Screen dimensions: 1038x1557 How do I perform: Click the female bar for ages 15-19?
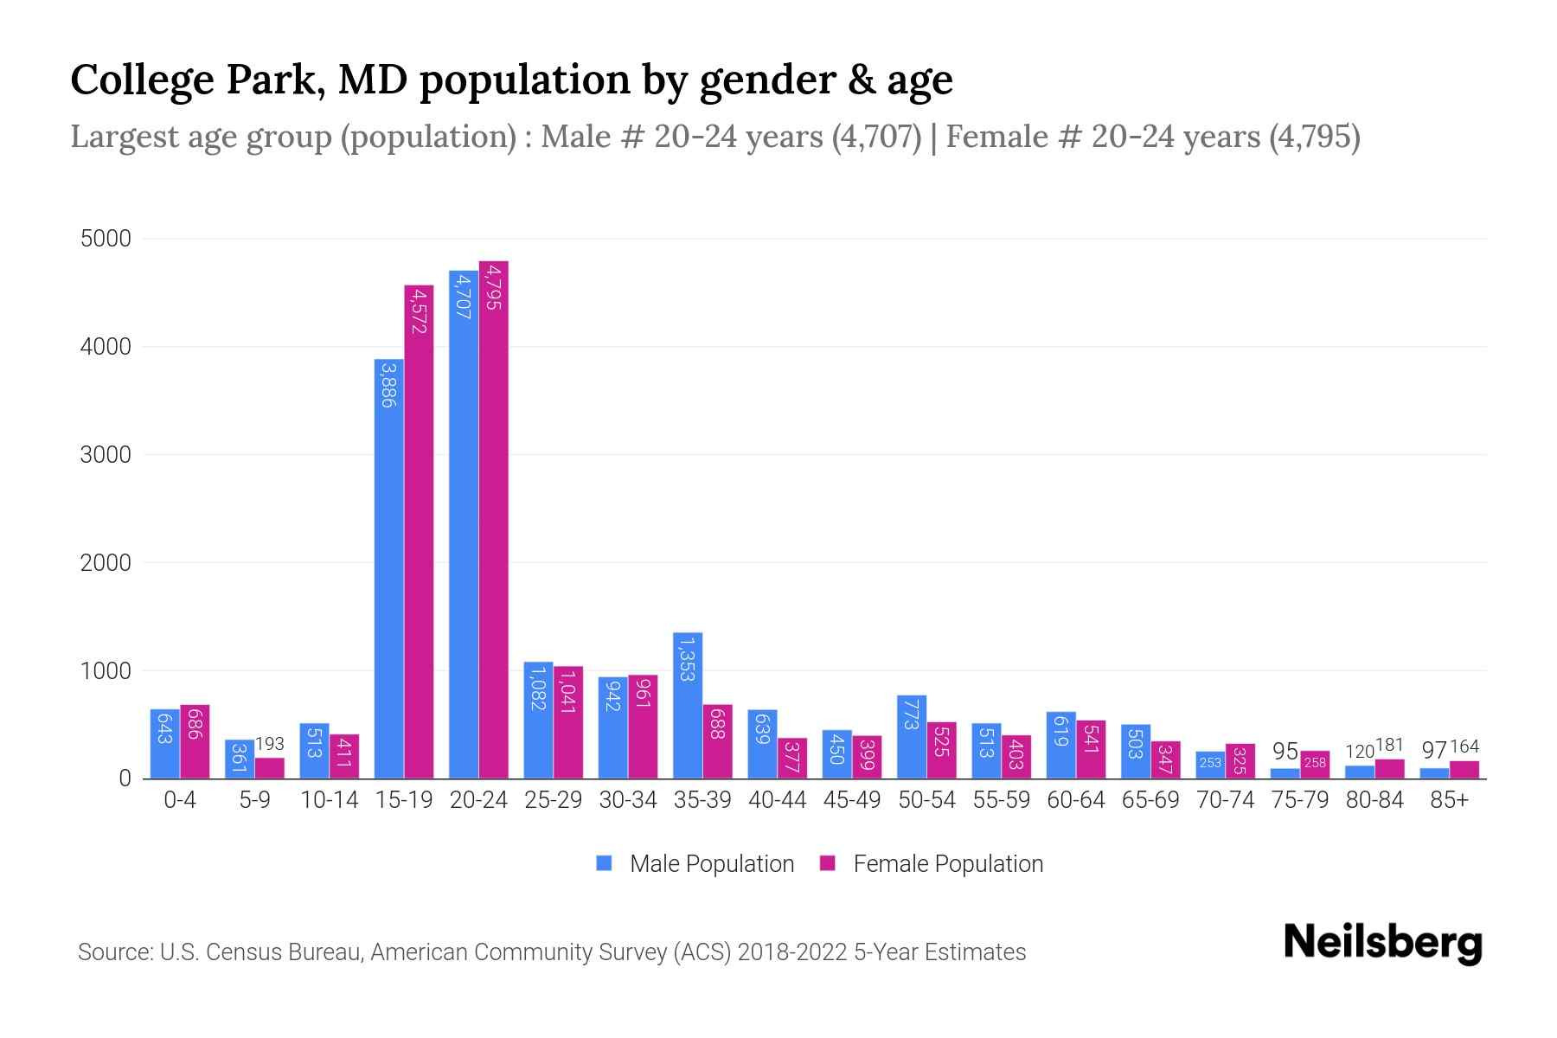[x=419, y=532]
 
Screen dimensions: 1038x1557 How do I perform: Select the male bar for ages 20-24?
[x=464, y=524]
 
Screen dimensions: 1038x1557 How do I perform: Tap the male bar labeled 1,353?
[x=688, y=705]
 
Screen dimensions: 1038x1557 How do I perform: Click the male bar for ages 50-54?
[x=912, y=736]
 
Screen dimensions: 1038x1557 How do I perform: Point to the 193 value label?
[x=270, y=744]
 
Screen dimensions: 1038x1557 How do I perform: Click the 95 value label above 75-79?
[x=1285, y=751]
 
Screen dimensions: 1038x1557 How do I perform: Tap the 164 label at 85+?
[x=1464, y=746]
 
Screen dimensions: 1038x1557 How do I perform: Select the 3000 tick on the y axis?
[x=106, y=455]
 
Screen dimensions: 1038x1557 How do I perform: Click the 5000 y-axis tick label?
[x=106, y=239]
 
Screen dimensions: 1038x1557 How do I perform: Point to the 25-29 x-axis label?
[x=554, y=800]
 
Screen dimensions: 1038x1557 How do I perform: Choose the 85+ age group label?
[x=1449, y=800]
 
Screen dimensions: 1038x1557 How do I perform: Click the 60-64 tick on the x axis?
[x=1076, y=800]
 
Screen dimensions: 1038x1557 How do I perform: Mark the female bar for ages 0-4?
[x=195, y=741]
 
